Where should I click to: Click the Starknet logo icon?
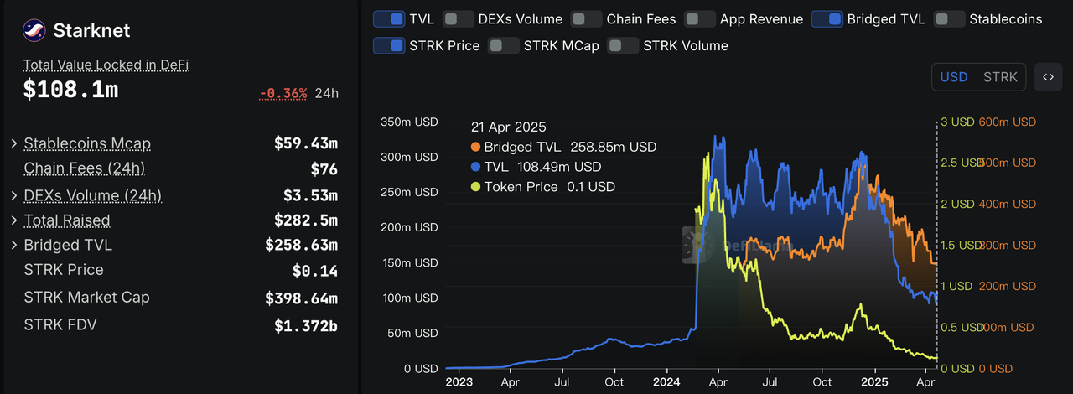pyautogui.click(x=34, y=30)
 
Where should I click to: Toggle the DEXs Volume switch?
pyautogui.click(x=458, y=18)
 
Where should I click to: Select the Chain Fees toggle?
pyautogui.click(x=586, y=18)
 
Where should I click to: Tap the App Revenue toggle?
pyautogui.click(x=700, y=18)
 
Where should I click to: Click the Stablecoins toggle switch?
pyautogui.click(x=949, y=18)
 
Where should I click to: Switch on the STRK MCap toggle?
pyautogui.click(x=503, y=45)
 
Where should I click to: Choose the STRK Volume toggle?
pyautogui.click(x=623, y=45)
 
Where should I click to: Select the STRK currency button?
pyautogui.click(x=1000, y=77)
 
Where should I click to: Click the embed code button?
pyautogui.click(x=1048, y=77)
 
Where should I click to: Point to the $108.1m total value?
pyautogui.click(x=70, y=91)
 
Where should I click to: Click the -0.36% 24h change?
pyautogui.click(x=284, y=93)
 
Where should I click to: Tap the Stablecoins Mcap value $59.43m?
pyautogui.click(x=305, y=143)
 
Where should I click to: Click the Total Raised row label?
pyautogui.click(x=67, y=220)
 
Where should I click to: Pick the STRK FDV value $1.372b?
pyautogui.click(x=305, y=325)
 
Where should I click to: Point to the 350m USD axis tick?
pyautogui.click(x=409, y=122)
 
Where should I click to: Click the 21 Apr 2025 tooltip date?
pyautogui.click(x=508, y=127)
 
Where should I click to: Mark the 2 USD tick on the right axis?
pyautogui.click(x=956, y=204)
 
